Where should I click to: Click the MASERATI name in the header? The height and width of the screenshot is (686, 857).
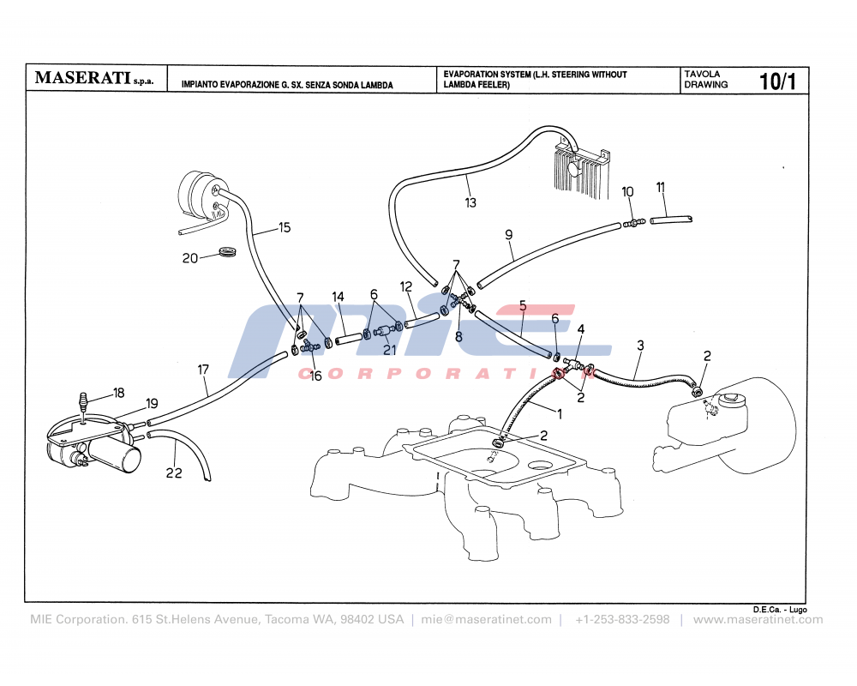[82, 78]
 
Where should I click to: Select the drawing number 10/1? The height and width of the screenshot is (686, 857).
[777, 81]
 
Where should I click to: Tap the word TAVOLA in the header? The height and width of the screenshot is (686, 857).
[702, 75]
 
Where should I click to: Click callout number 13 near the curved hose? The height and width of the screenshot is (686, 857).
[470, 203]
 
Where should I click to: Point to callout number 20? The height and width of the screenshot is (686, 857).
[190, 258]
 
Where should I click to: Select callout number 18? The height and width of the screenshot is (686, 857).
[118, 394]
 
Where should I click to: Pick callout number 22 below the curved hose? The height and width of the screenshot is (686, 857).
[174, 473]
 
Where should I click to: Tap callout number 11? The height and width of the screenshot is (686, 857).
[661, 187]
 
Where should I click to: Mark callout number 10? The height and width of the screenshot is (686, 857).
[627, 191]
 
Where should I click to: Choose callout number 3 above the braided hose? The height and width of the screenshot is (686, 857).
[640, 346]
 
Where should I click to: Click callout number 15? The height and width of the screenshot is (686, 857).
[285, 227]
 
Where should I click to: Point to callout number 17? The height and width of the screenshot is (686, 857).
[203, 370]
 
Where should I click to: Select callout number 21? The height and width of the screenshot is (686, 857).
[390, 349]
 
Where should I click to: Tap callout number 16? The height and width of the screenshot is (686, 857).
[316, 376]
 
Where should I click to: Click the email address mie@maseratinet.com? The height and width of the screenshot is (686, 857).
[486, 619]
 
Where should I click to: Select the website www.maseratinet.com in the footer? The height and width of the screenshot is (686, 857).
[758, 619]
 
